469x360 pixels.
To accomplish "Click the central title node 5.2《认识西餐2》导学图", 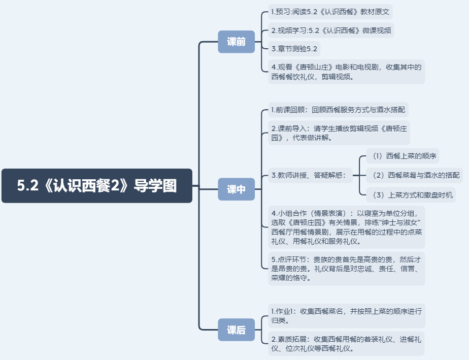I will pyautogui.click(x=97, y=186).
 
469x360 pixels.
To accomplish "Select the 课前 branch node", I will pyautogui.click(x=236, y=42).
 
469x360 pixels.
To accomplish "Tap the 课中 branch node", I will pyautogui.click(x=236, y=189).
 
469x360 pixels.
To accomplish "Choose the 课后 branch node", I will pyautogui.click(x=236, y=330).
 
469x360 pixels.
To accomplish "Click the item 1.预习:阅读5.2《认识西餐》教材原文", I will pyautogui.click(x=330, y=12).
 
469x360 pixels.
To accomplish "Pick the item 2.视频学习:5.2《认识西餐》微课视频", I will pyautogui.click(x=330, y=30).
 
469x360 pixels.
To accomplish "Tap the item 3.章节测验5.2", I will pyautogui.click(x=294, y=49).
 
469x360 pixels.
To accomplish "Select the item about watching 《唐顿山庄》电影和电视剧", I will pyautogui.click(x=346, y=72).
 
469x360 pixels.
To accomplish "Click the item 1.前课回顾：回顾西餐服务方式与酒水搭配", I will pyautogui.click(x=338, y=110).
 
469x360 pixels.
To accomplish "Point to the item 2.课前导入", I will pyautogui.click(x=339, y=133).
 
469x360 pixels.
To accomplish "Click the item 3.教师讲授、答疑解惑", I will pyautogui.click(x=309, y=176).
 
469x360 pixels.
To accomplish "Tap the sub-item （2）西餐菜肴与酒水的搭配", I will pyautogui.click(x=414, y=175).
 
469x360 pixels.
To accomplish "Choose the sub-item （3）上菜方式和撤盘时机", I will pyautogui.click(x=411, y=194).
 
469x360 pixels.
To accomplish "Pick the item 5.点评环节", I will pyautogui.click(x=346, y=268).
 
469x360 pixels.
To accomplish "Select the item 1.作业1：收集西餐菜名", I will pyautogui.click(x=346, y=315).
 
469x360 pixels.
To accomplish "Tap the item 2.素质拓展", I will pyautogui.click(x=346, y=343).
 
